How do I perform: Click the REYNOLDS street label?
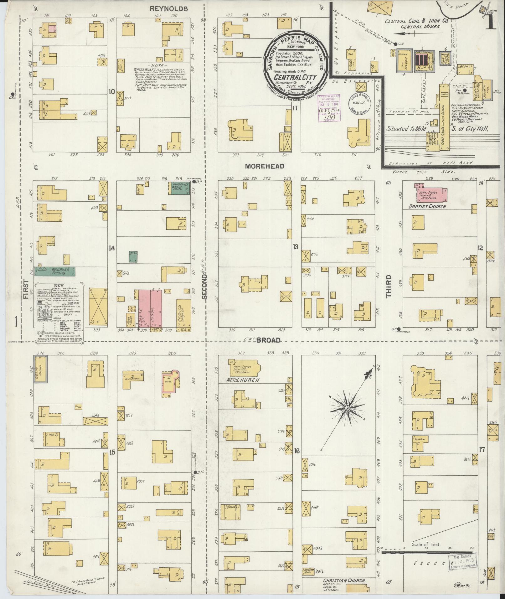click(168, 9)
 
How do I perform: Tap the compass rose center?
click(347, 408)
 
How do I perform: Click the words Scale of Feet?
click(426, 545)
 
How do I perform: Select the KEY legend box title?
click(59, 286)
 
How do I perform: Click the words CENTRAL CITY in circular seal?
click(296, 77)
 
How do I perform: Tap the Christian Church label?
click(340, 581)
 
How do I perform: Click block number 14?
click(112, 248)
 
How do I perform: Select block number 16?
click(297, 451)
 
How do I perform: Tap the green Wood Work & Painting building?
click(55, 271)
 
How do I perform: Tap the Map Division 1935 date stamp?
click(463, 560)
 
